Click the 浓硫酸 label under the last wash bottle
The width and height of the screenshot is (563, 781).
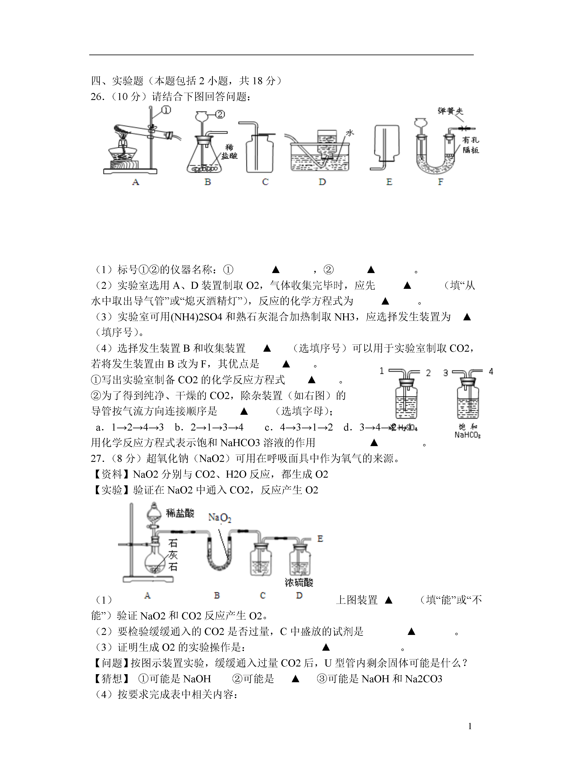[299, 582]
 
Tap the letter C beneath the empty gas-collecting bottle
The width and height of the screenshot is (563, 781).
[265, 182]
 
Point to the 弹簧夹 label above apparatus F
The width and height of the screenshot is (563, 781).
[450, 111]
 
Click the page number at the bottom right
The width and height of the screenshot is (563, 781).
[470, 726]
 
